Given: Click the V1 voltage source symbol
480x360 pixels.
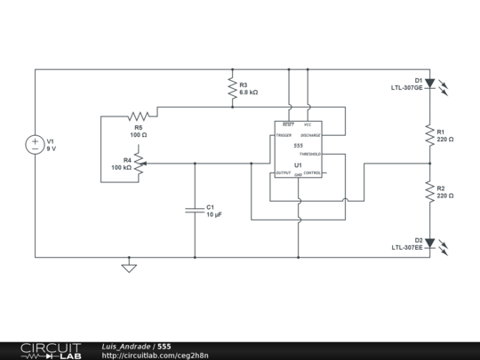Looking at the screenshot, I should pyautogui.click(x=36, y=144).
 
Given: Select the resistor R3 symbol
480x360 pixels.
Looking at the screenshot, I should pyautogui.click(x=231, y=87).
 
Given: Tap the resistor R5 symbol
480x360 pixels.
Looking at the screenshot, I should pyautogui.click(x=138, y=116).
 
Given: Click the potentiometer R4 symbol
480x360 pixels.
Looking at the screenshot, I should pyautogui.click(x=140, y=164).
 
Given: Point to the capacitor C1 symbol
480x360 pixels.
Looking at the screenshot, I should pyautogui.click(x=195, y=211).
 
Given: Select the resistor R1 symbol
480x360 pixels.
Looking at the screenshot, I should pyautogui.click(x=429, y=135).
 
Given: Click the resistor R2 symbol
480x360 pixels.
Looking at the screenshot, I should pyautogui.click(x=429, y=191).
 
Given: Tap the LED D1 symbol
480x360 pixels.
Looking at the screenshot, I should pyautogui.click(x=430, y=84).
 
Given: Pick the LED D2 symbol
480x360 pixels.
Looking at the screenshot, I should pyautogui.click(x=430, y=243).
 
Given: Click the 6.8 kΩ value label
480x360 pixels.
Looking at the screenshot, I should pyautogui.click(x=249, y=92).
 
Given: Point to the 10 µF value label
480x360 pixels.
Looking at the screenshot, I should pyautogui.click(x=214, y=215).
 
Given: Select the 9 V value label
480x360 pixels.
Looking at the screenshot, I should pyautogui.click(x=52, y=149).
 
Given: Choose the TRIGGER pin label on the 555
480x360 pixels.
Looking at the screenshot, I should pyautogui.click(x=284, y=136).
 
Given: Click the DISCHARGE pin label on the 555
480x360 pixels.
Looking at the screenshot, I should pyautogui.click(x=310, y=136).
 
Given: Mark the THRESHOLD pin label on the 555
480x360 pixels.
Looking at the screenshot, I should pyautogui.click(x=310, y=154).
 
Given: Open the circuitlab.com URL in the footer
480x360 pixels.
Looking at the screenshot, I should pyautogui.click(x=156, y=355).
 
